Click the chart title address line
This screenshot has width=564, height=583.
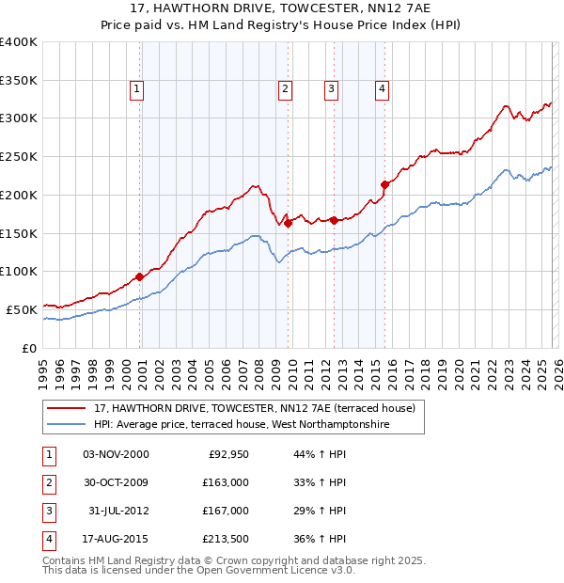coord(282,9)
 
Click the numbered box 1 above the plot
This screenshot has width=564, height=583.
coord(136,89)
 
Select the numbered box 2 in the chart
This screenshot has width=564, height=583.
coord(284,89)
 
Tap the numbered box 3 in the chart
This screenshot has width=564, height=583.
coord(332,89)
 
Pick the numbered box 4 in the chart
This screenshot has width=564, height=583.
coord(383,89)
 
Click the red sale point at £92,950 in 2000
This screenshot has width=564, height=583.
coord(140,276)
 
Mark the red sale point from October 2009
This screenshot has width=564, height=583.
coord(288,223)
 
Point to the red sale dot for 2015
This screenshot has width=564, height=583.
coord(384,184)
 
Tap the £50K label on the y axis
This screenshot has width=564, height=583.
coord(22,308)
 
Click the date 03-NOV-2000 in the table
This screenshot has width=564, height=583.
coord(116,454)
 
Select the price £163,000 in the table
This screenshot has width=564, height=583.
coord(226,482)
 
